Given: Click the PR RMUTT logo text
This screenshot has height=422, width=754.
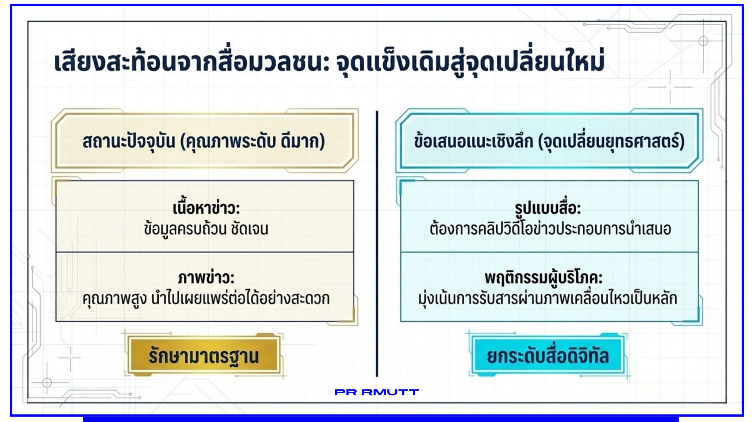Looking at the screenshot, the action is (x=377, y=392).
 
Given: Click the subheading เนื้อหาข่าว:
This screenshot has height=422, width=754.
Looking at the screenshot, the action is (x=206, y=208).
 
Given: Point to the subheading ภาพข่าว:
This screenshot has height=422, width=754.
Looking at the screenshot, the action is (x=206, y=278).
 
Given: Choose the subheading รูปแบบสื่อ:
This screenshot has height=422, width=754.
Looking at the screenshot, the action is (x=548, y=208).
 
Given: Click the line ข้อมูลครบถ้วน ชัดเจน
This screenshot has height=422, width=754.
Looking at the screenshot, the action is (x=206, y=229).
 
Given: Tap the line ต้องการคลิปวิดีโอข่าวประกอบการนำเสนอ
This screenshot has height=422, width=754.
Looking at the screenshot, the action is (x=550, y=228).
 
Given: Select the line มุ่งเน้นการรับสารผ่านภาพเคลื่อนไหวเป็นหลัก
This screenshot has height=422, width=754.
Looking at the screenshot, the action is (x=548, y=298).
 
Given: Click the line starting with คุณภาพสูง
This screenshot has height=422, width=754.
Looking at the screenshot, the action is (x=206, y=298).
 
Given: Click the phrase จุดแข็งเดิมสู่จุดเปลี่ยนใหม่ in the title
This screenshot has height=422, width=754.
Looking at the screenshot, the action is (x=470, y=62).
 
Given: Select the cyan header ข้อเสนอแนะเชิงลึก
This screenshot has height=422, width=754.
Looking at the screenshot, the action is (x=474, y=141).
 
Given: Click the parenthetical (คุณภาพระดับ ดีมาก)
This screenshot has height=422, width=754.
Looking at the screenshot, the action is (x=253, y=141).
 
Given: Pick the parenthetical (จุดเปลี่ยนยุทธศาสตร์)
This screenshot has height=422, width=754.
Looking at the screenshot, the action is (x=612, y=141).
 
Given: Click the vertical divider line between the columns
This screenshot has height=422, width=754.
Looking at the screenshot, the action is (x=377, y=244).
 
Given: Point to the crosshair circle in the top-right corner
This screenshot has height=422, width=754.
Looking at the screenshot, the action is (x=703, y=41).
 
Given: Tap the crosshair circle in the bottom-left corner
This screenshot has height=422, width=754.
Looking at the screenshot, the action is (x=47, y=382).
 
